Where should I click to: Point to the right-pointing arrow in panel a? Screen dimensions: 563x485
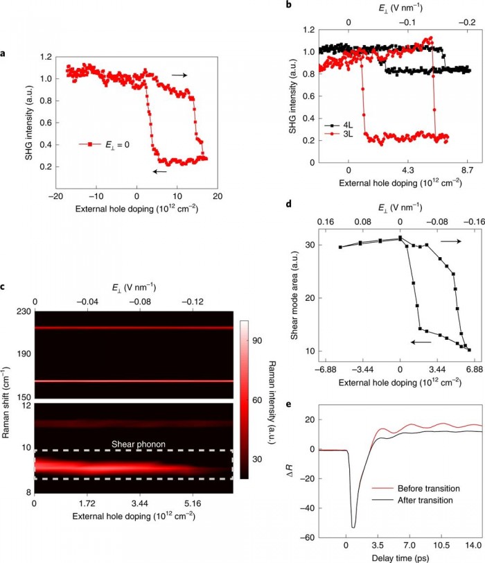tap(179, 74)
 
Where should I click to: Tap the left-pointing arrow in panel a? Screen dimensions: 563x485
tap(161, 172)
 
